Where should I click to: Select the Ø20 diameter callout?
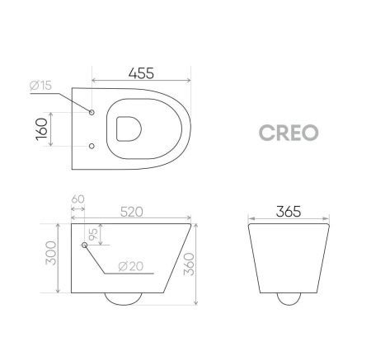(131, 265)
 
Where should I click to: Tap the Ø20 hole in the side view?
(85, 245)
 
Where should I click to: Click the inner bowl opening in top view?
(129, 129)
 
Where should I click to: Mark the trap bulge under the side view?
(129, 300)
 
